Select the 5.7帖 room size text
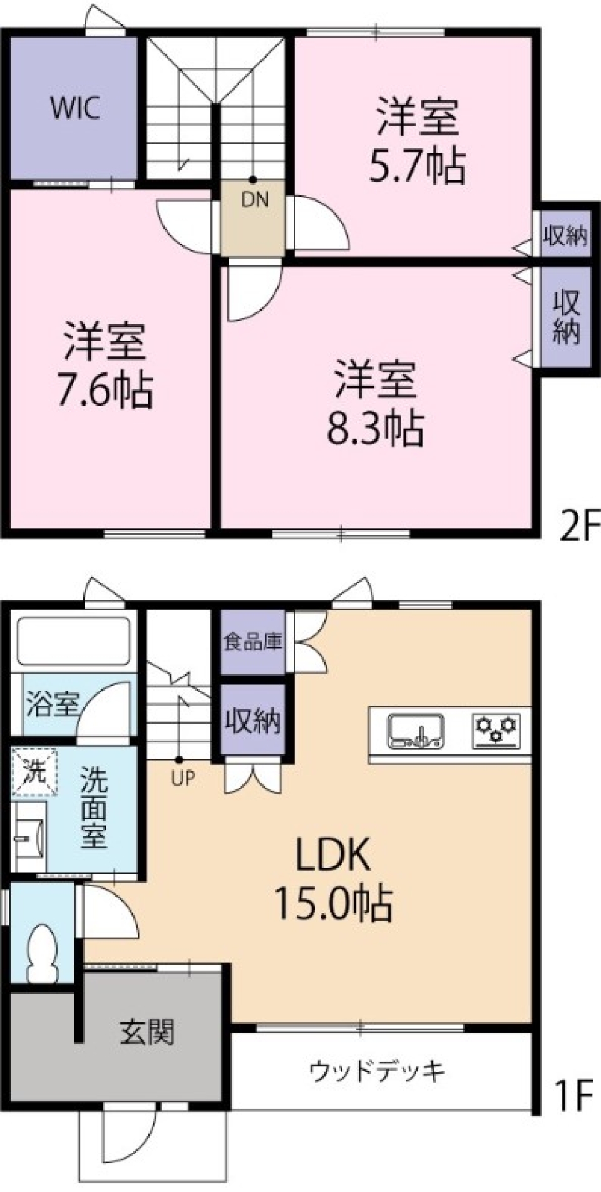click(x=417, y=167)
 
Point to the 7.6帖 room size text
click(x=105, y=391)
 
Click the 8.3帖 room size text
click(x=375, y=429)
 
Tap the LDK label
click(x=333, y=855)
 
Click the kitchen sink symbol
click(x=416, y=732)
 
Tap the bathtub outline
click(x=74, y=641)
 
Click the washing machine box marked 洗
click(x=34, y=771)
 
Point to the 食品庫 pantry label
click(x=253, y=642)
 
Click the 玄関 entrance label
click(x=146, y=1032)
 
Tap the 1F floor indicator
click(x=573, y=1095)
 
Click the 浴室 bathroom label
click(x=52, y=704)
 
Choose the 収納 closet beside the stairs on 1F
click(x=253, y=721)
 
